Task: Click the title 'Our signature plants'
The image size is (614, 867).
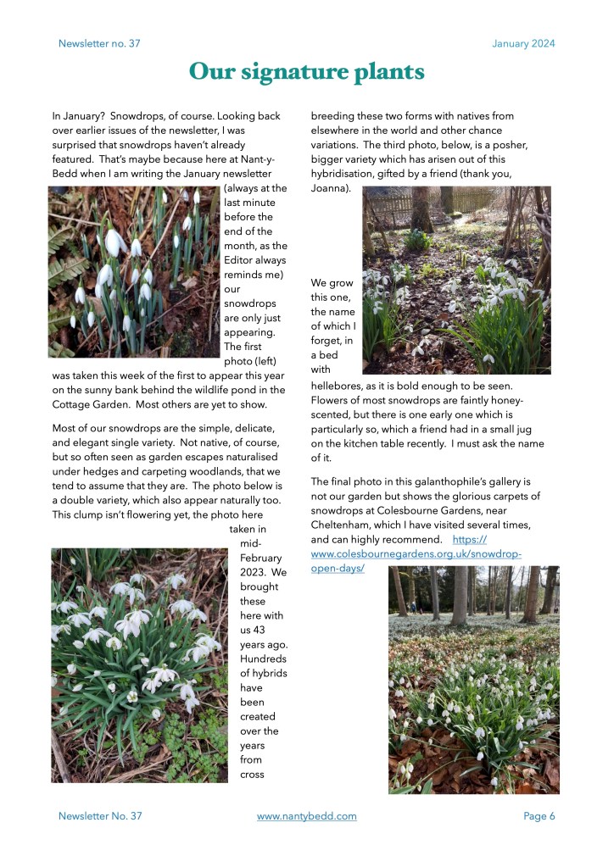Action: pyautogui.click(x=306, y=72)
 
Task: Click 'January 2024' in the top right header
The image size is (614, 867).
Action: pyautogui.click(x=523, y=44)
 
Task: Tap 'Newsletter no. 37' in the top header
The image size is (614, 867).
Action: pyautogui.click(x=99, y=44)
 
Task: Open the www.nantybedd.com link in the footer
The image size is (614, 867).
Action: pyautogui.click(x=306, y=816)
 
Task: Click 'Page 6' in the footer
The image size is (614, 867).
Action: pyautogui.click(x=539, y=816)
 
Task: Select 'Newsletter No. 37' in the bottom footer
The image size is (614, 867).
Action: pyautogui.click(x=100, y=816)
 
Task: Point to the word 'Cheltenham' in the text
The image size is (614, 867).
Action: pyautogui.click(x=346, y=525)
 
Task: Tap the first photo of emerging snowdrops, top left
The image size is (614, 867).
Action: pyautogui.click(x=134, y=271)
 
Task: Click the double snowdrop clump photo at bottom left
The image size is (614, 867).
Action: pyautogui.click(x=140, y=665)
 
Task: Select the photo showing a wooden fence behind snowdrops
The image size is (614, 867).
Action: pyautogui.click(x=456, y=280)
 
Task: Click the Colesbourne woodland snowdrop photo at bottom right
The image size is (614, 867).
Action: pyautogui.click(x=473, y=680)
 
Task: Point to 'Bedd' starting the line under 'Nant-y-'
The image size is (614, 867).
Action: pyautogui.click(x=67, y=174)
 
